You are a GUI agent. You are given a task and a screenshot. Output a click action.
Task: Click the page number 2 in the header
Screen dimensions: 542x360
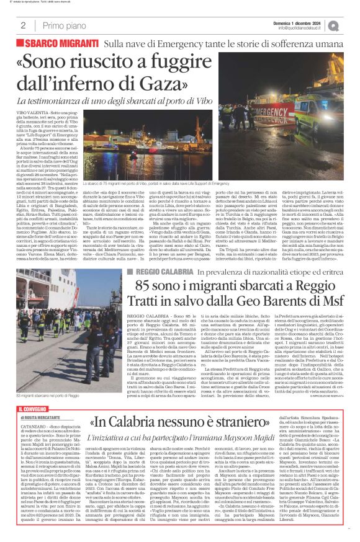pyautogui.click(x=23, y=25)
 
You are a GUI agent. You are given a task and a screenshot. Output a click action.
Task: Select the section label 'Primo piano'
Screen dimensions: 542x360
pyautogui.click(x=61, y=25)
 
